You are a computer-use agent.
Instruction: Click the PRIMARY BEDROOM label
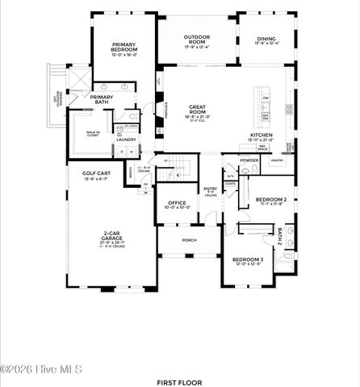pos(113,49)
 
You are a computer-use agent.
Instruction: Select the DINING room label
pos(266,39)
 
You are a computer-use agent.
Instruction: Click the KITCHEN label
pos(262,135)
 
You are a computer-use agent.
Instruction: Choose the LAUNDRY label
pos(125,139)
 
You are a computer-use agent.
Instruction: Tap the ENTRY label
pos(211,189)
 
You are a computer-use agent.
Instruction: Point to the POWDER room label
pos(249,160)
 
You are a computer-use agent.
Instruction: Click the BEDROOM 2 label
pos(271,199)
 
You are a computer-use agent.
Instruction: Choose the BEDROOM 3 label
pos(249,260)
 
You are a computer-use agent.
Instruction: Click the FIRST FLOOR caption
pos(179,382)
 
